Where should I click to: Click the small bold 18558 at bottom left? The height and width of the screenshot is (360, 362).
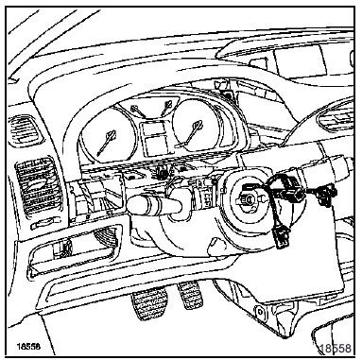pos(28,347)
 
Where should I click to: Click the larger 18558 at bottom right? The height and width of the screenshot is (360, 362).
pos(335,349)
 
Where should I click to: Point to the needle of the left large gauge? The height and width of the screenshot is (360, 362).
pos(107,143)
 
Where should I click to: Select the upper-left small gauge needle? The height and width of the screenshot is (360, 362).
pos(136,111)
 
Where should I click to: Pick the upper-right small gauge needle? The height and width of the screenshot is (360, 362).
pos(166,108)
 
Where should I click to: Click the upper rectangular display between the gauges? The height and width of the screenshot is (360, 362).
pos(153,129)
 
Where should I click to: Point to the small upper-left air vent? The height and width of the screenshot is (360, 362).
pos(24,129)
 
